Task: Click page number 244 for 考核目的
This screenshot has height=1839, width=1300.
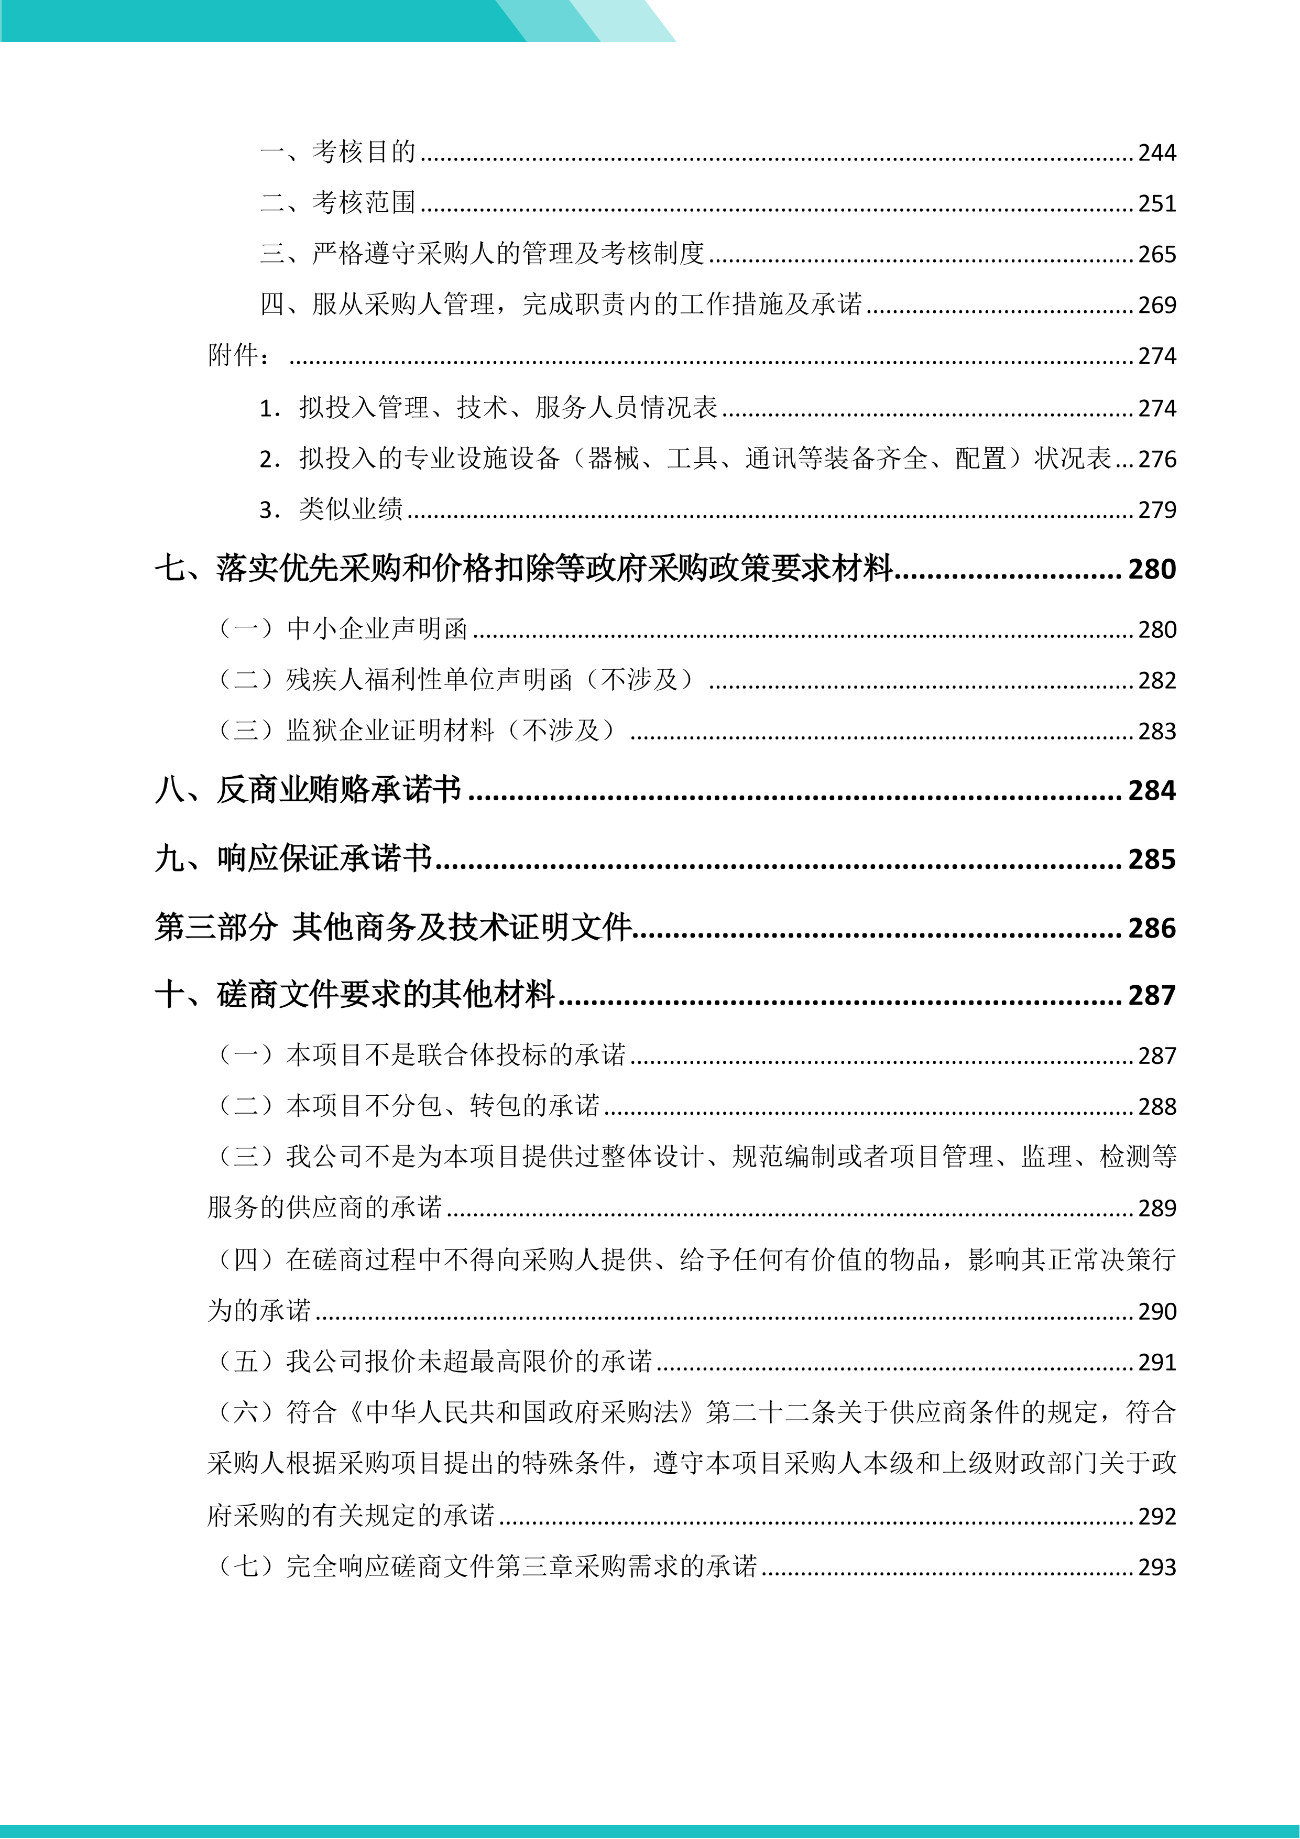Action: pos(1156,152)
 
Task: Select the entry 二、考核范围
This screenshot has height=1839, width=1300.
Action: pos(337,203)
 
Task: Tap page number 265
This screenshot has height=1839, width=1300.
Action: pos(1156,254)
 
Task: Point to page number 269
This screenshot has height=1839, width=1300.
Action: pos(1156,305)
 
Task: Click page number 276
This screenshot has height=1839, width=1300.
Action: pos(1156,459)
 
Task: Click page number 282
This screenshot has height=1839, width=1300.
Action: pos(1156,680)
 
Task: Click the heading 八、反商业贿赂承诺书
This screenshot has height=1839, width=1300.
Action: pos(309,790)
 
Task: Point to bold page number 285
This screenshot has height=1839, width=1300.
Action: pos(1152,859)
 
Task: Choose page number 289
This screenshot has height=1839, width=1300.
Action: pos(1156,1208)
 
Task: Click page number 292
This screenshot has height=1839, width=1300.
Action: pos(1156,1516)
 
